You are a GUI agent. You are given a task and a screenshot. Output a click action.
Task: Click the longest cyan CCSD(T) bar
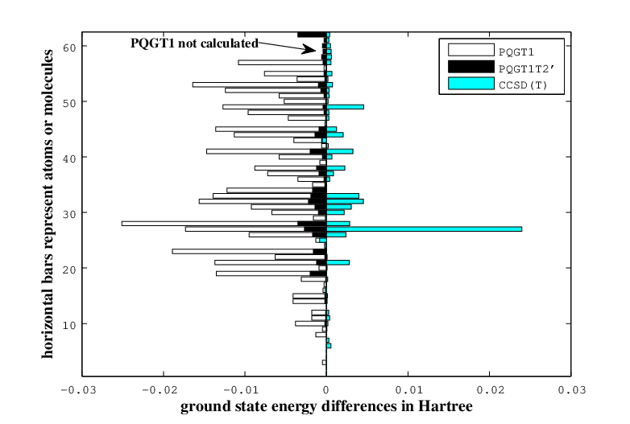pyautogui.click(x=424, y=229)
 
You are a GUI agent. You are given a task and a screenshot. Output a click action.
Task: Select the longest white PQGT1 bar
pyautogui.click(x=224, y=224)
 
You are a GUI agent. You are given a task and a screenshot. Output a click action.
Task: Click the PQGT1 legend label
pyautogui.click(x=516, y=52)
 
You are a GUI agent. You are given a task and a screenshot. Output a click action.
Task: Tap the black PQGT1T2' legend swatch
pyautogui.click(x=471, y=67)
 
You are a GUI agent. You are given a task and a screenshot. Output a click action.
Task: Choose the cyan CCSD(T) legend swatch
pyautogui.click(x=471, y=84)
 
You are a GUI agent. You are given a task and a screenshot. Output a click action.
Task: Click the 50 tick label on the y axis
pyautogui.click(x=69, y=103)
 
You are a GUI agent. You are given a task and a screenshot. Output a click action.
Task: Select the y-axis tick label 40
pyautogui.click(x=69, y=158)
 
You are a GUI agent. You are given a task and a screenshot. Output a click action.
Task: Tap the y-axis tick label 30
pyautogui.click(x=69, y=214)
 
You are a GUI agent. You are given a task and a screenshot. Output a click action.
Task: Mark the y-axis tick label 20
pyautogui.click(x=69, y=270)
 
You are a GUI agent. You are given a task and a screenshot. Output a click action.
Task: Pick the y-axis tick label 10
pyautogui.click(x=69, y=325)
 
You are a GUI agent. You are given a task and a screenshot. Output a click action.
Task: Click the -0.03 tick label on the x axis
pyautogui.click(x=78, y=390)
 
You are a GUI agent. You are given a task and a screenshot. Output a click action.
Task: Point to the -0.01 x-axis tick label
pyautogui.click(x=241, y=390)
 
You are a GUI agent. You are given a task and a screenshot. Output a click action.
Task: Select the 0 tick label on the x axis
pyautogui.click(x=326, y=390)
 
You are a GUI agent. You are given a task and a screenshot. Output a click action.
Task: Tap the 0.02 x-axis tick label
pyautogui.click(x=489, y=390)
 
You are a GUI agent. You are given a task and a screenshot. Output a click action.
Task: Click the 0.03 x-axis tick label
pyautogui.click(x=572, y=390)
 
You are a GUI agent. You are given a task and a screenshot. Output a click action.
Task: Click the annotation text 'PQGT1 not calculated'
pyautogui.click(x=194, y=43)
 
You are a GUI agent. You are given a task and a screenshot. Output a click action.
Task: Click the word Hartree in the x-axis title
pyautogui.click(x=446, y=406)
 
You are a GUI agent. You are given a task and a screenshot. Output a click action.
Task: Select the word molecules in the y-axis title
pyautogui.click(x=48, y=83)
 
